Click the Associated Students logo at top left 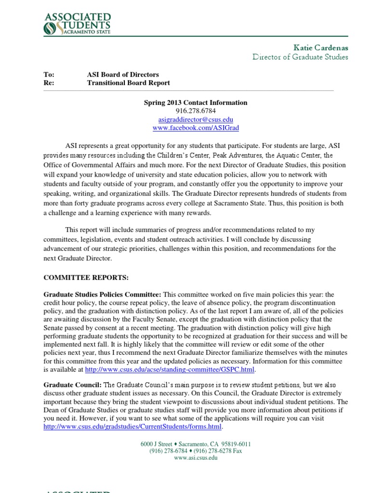tap(77, 24)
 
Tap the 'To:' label tap(49, 75)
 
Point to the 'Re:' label tap(49, 83)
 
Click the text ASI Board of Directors tap(123, 75)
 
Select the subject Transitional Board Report tap(128, 83)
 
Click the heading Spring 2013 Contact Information tap(196, 103)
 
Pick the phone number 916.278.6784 tap(196, 111)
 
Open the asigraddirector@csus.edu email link tap(196, 119)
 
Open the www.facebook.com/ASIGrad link tap(196, 128)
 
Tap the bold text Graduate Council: tap(72, 385)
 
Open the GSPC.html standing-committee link tap(170, 370)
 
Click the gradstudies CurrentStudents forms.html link tap(132, 427)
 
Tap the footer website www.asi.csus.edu tap(196, 458)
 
